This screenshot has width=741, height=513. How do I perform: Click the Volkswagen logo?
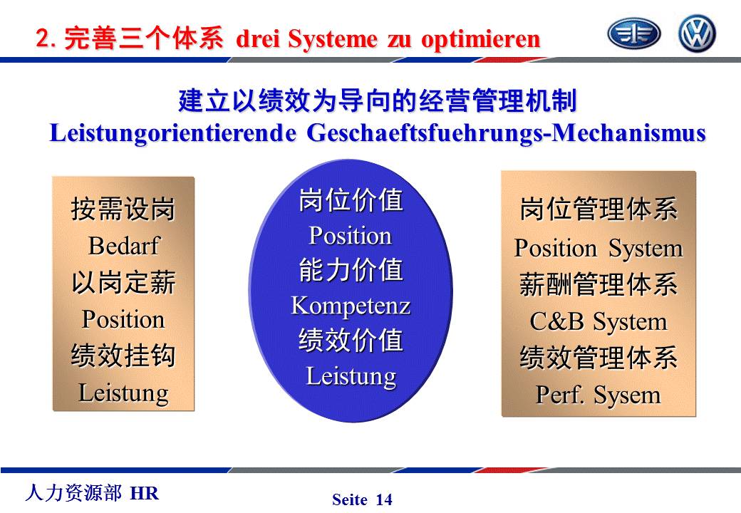pyautogui.click(x=697, y=33)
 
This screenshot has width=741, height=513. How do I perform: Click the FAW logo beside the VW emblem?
pyautogui.click(x=633, y=33)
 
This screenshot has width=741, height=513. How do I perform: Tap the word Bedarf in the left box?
pyautogui.click(x=124, y=246)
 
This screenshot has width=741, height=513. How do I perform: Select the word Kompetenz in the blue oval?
pyautogui.click(x=351, y=306)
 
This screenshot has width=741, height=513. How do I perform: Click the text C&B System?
pyautogui.click(x=598, y=321)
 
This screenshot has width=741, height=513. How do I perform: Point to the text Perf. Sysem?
pyautogui.click(x=598, y=395)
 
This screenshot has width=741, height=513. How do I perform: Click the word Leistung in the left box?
pyautogui.click(x=123, y=393)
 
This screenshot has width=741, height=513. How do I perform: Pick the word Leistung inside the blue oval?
pyautogui.click(x=351, y=376)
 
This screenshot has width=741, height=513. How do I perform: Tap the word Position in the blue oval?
pyautogui.click(x=350, y=235)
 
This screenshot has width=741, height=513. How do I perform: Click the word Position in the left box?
pyautogui.click(x=123, y=319)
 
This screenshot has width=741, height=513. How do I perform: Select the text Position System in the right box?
pyautogui.click(x=598, y=249)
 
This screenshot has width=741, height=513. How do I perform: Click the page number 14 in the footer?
pyautogui.click(x=384, y=499)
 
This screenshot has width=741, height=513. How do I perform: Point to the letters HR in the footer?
pyautogui.click(x=145, y=493)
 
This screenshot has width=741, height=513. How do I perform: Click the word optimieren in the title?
pyautogui.click(x=481, y=39)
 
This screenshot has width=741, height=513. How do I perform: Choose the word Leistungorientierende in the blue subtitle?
pyautogui.click(x=173, y=133)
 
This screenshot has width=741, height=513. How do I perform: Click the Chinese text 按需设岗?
pyautogui.click(x=123, y=209)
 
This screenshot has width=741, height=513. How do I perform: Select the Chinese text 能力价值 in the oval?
pyautogui.click(x=351, y=270)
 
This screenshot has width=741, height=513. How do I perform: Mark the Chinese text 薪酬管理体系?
pyautogui.click(x=598, y=285)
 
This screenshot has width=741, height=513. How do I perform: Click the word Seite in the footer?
pyautogui.click(x=350, y=499)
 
